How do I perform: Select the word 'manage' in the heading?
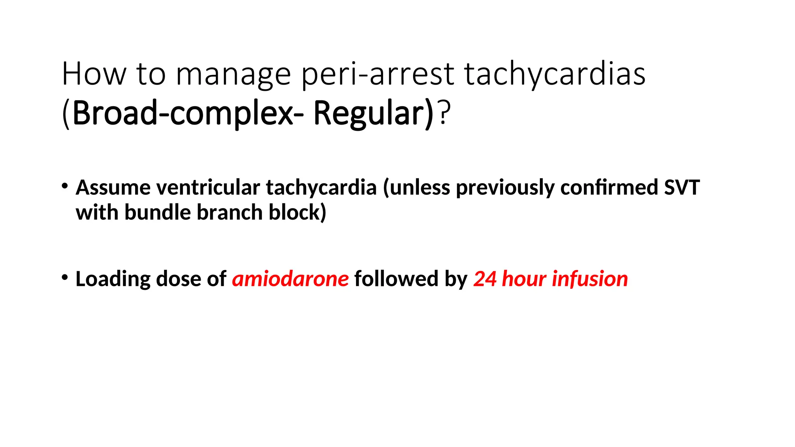(233, 74)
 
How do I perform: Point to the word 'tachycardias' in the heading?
(555, 74)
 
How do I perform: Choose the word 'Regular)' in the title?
(373, 113)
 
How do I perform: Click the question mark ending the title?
(445, 113)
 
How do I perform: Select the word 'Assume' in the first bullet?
(113, 188)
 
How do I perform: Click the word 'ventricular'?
(208, 188)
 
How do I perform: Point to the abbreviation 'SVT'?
(682, 188)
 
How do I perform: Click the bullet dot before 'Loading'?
(65, 277)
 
